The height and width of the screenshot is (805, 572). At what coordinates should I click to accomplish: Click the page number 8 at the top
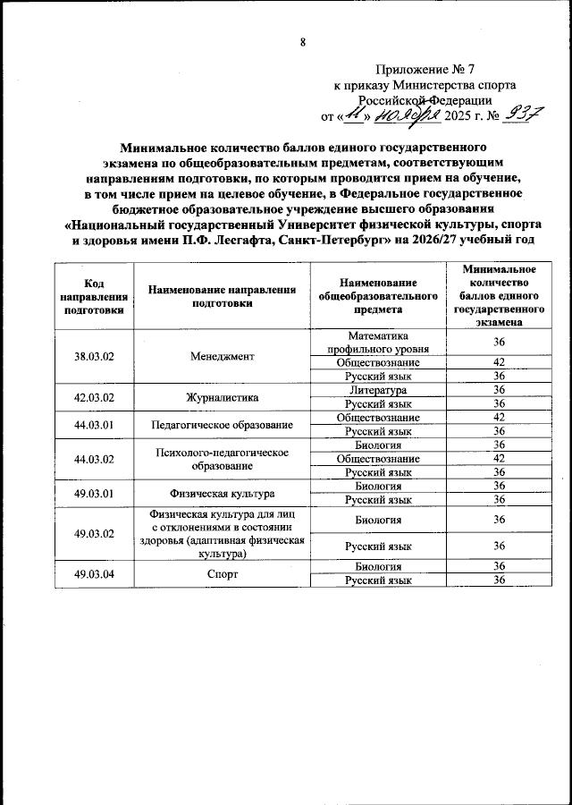point(303,42)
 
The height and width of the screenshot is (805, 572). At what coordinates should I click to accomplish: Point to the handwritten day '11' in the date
point(355,114)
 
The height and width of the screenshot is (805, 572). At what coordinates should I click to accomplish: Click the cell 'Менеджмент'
point(223,356)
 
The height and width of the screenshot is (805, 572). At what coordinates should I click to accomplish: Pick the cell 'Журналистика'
point(223,397)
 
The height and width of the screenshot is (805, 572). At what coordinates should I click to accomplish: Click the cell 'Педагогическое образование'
point(223,424)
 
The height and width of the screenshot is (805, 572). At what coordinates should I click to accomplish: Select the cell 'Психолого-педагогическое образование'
point(223,459)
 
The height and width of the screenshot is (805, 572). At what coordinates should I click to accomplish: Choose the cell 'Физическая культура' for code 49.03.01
point(223,493)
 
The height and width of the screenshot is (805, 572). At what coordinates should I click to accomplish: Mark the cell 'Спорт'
point(223,573)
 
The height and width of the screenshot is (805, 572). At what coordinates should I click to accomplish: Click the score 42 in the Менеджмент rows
point(500,362)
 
